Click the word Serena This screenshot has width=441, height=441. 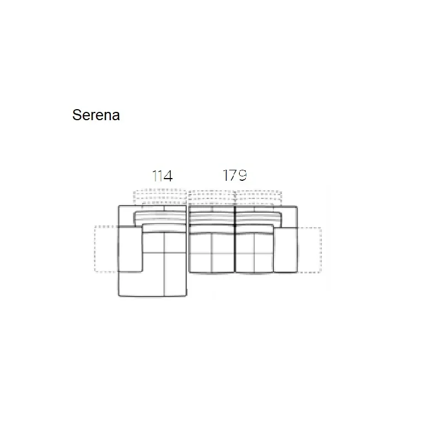pyautogui.click(x=96, y=115)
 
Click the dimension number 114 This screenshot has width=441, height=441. pyautogui.click(x=162, y=176)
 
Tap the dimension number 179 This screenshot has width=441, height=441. pyautogui.click(x=235, y=175)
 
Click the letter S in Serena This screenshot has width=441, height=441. pyautogui.click(x=77, y=115)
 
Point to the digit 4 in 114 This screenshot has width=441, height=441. pyautogui.click(x=168, y=176)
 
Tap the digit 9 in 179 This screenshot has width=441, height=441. pyautogui.click(x=242, y=175)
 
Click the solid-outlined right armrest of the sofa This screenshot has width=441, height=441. pyautogui.click(x=285, y=250)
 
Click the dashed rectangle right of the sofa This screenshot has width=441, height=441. pyautogui.click(x=309, y=250)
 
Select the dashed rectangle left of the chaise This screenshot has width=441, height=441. pyautogui.click(x=106, y=249)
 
